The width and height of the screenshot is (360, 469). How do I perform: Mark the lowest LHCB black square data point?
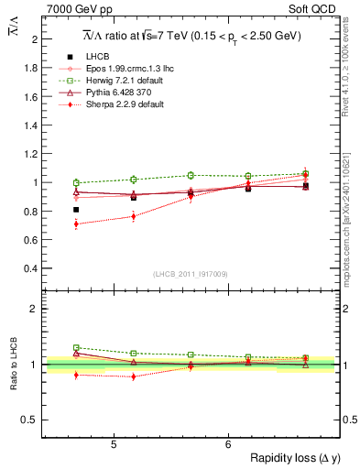(x=76, y=210)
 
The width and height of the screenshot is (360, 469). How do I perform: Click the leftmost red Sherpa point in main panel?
(x=76, y=224)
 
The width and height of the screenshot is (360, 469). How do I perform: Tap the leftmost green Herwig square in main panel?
(x=76, y=182)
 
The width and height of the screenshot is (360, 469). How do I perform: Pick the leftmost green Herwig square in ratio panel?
(x=76, y=347)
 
